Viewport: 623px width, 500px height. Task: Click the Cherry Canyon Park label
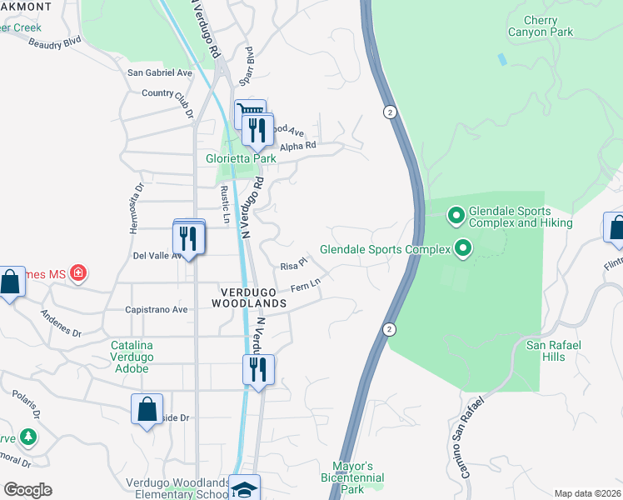[x=541, y=26]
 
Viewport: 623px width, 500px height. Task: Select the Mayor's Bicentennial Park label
[x=352, y=477]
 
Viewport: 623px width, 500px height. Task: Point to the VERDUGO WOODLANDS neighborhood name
[x=253, y=297]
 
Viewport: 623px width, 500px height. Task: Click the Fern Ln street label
[x=306, y=287]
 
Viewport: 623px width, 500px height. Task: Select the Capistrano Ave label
[x=156, y=309]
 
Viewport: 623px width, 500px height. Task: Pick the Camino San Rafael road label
[x=472, y=437]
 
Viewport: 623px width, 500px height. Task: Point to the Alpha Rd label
[x=298, y=146]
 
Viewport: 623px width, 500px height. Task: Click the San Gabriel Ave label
[x=159, y=72]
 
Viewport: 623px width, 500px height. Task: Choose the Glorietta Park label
[x=241, y=158]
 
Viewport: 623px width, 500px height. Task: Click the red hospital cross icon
[x=77, y=272]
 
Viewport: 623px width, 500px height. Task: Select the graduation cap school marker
[x=245, y=489]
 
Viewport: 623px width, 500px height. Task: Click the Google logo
[x=27, y=490]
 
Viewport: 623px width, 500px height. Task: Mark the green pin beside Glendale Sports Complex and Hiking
[x=456, y=216]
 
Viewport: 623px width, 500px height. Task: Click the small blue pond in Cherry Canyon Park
[x=501, y=60]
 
